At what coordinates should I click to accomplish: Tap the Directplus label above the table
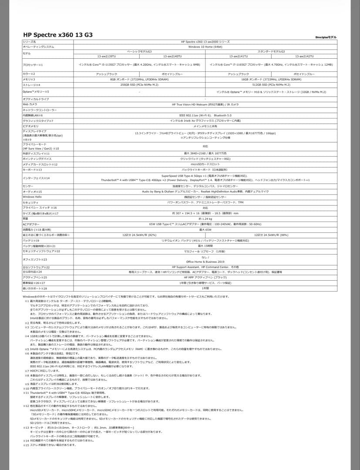[x=326, y=37]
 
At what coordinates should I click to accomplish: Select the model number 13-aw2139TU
[x=107, y=56]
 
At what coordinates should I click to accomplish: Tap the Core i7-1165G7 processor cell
[x=270, y=64]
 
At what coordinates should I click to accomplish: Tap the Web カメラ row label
[x=30, y=104]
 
